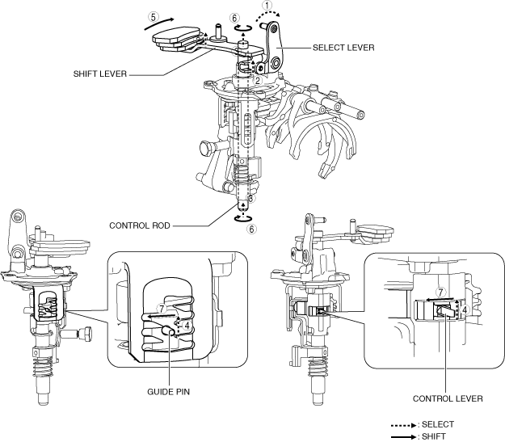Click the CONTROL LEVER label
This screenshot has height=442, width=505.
tap(448, 398)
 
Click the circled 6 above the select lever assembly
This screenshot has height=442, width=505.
tap(234, 19)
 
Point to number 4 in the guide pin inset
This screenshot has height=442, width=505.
tap(187, 325)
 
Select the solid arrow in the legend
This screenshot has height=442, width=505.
tap(399, 437)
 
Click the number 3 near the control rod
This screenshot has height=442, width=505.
tap(250, 198)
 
